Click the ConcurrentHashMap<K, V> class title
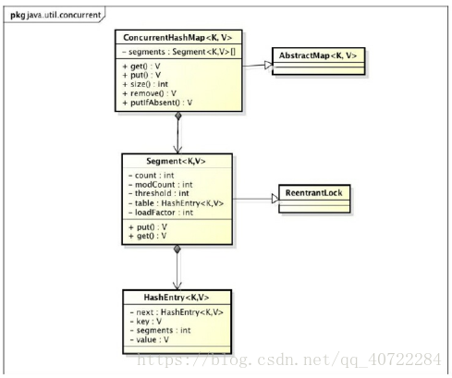point(177,38)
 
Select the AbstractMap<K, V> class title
point(318,55)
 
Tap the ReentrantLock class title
point(313,193)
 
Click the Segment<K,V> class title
point(176,161)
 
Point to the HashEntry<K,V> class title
point(177,298)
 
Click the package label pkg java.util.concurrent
point(55,15)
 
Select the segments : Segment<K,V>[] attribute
point(178,52)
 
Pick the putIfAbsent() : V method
point(157,103)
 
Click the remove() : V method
point(150,93)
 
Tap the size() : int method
point(145,84)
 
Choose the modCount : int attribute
point(161,185)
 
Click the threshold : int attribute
point(159,193)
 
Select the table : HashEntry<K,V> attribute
point(176,203)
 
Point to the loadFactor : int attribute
point(161,213)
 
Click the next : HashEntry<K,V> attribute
point(177,312)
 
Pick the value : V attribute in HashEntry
point(149,339)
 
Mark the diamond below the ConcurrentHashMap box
point(178,116)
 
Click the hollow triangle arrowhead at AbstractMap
point(268,65)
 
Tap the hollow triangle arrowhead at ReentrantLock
point(275,199)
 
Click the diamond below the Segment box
point(177,249)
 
